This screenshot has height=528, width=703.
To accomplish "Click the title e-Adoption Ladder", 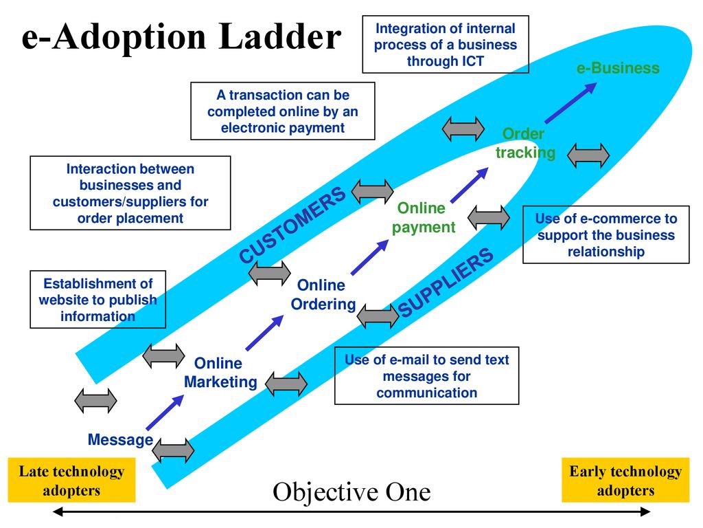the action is (181, 37).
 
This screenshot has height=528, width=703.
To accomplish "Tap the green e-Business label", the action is (618, 68).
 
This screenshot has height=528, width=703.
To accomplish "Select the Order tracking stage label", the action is (525, 143).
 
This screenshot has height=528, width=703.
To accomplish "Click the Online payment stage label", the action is (423, 218).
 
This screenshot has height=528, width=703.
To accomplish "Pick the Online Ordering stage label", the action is (323, 294).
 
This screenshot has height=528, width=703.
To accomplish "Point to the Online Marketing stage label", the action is (220, 372).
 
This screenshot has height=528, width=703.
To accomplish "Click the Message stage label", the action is (120, 439).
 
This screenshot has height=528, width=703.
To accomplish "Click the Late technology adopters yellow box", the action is (71, 480).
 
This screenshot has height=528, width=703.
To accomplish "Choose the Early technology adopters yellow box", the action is (625, 480).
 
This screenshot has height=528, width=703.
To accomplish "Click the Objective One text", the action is (351, 492).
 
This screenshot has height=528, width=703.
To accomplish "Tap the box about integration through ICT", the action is (445, 45).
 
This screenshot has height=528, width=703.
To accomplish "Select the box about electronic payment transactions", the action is (282, 111).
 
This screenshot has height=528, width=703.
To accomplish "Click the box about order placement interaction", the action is (130, 193).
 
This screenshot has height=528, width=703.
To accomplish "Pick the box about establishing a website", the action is (97, 300).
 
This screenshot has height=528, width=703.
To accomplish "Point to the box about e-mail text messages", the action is (426, 376).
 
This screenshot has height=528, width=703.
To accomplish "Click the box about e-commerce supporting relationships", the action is (606, 235).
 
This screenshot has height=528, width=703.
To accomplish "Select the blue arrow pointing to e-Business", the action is (571, 102).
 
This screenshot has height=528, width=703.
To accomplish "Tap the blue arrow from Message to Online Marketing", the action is (165, 412).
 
